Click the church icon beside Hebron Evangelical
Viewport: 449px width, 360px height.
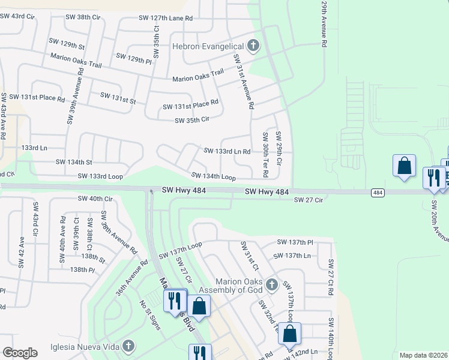[x=253, y=46]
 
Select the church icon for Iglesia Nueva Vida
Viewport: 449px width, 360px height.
[x=127, y=346]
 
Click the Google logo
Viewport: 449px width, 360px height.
[x=20, y=353]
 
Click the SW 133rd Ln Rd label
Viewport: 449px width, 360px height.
[x=227, y=151]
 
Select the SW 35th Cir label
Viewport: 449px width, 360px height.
[x=191, y=121]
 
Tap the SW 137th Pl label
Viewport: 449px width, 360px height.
[x=295, y=242]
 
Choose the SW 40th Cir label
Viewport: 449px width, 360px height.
[x=95, y=198]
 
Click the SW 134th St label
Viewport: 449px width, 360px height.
[x=74, y=162]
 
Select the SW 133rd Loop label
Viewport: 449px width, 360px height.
[x=100, y=176]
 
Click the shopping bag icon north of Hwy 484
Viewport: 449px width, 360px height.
[x=404, y=166]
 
